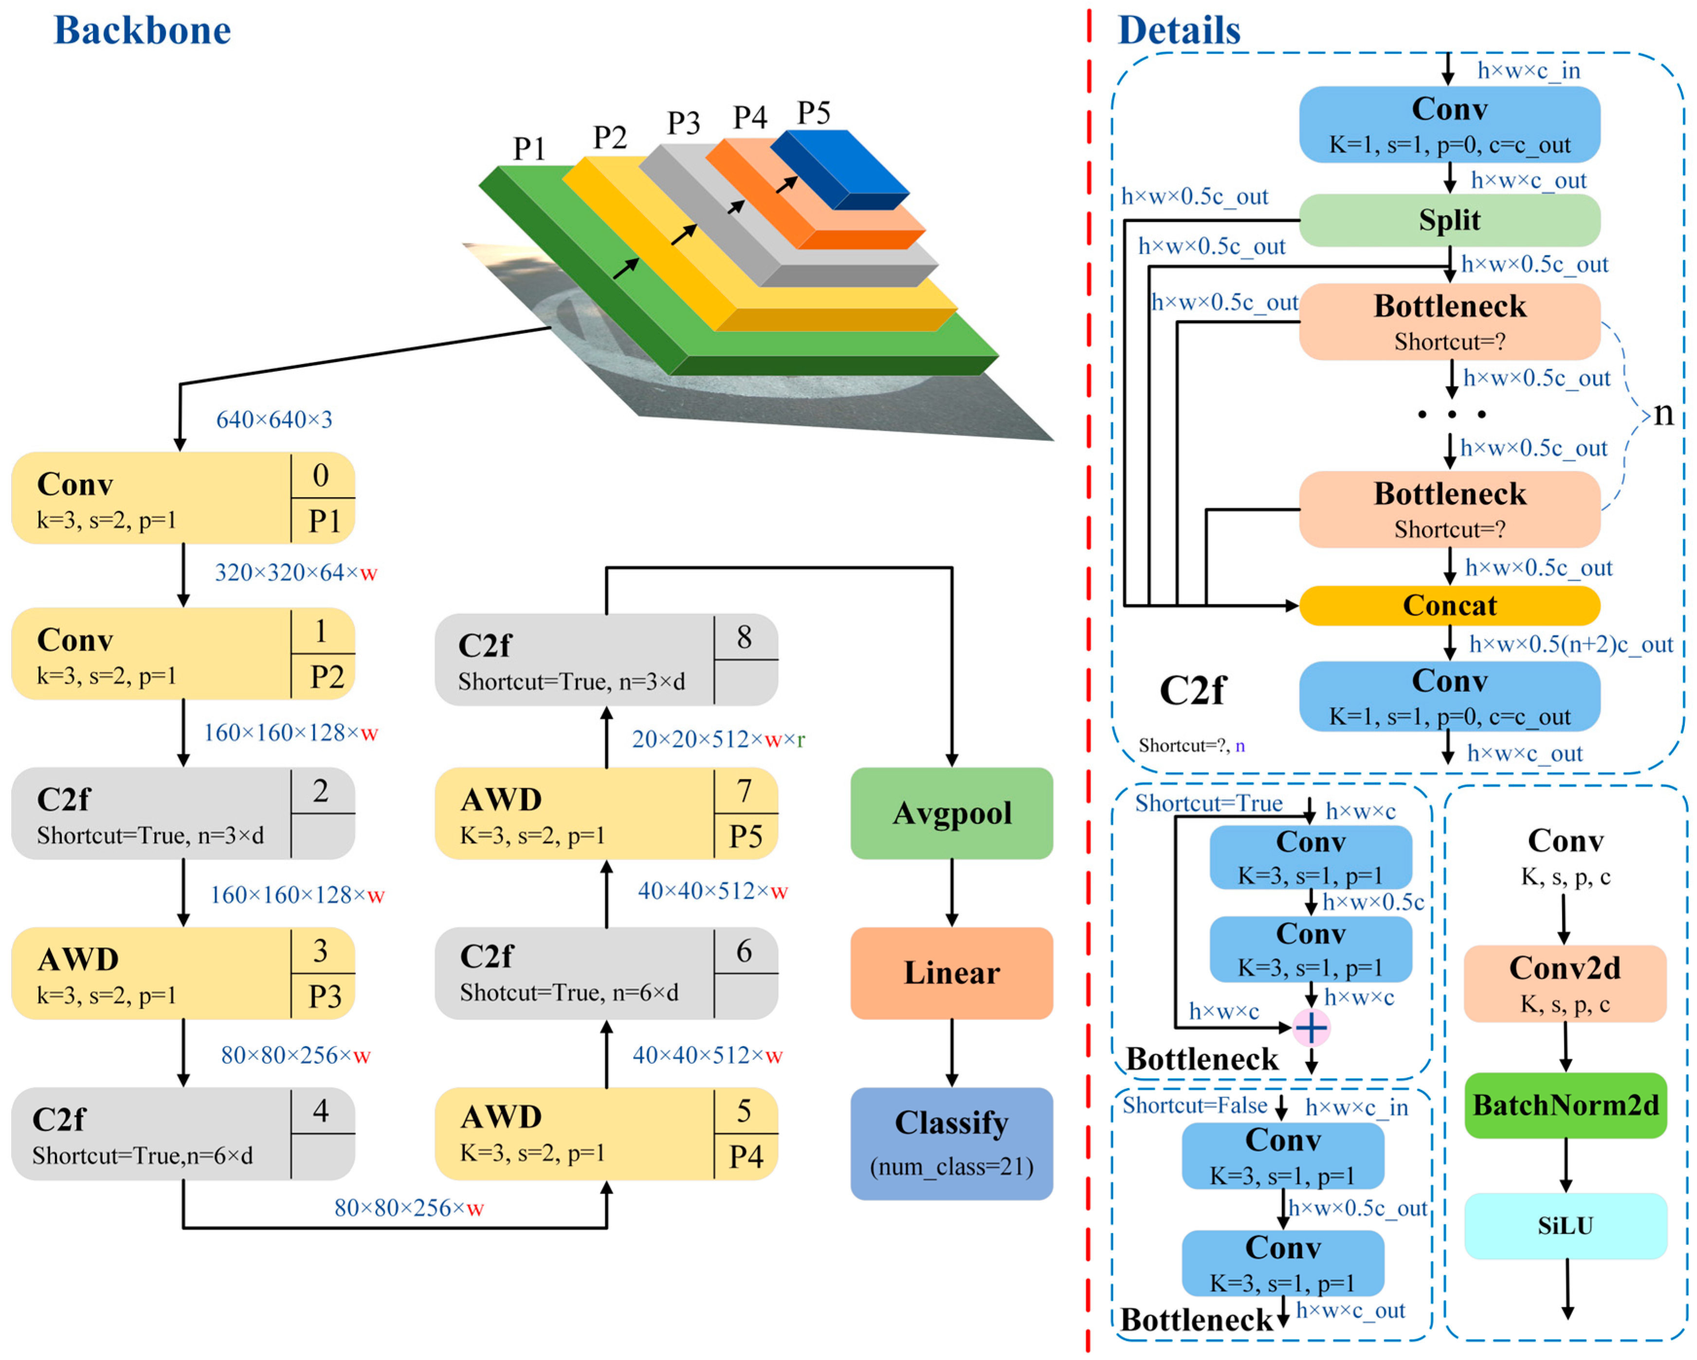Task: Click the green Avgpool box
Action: [x=951, y=813]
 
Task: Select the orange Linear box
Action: [x=951, y=973]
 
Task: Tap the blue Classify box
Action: [x=951, y=1143]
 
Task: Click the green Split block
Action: [x=1449, y=220]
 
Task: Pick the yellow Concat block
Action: [x=1449, y=605]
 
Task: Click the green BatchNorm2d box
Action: [x=1566, y=1105]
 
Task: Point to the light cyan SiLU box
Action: [x=1566, y=1225]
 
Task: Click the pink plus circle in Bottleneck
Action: [x=1311, y=1027]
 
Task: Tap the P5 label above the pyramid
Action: [x=813, y=113]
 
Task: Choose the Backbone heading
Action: [x=143, y=31]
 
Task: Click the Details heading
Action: [x=1179, y=31]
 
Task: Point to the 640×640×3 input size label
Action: [x=274, y=419]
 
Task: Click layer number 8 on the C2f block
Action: [x=744, y=637]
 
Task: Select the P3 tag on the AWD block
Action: [x=324, y=997]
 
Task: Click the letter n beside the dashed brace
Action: [x=1663, y=413]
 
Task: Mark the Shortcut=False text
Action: [x=1194, y=1105]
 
